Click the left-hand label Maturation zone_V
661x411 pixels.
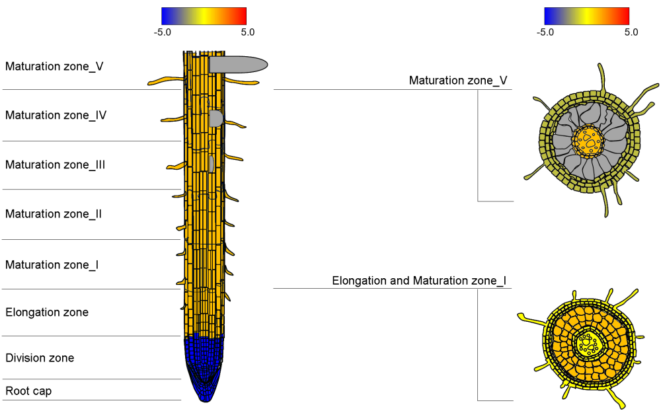point(54,66)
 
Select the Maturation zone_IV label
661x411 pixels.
point(56,115)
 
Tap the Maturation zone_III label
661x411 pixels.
point(56,165)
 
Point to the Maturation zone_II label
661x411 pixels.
point(54,214)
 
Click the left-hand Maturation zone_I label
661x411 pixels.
point(52,265)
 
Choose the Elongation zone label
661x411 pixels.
point(47,312)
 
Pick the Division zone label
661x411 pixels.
point(40,358)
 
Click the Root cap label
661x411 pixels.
point(28,391)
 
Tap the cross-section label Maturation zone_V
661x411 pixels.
point(458,81)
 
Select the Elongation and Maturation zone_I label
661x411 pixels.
point(419,281)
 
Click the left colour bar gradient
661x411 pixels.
point(204,16)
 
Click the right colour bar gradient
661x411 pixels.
point(586,16)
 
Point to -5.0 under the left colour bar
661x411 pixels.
point(163,32)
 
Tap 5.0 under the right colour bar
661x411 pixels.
point(631,32)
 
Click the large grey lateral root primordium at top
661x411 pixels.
point(238,64)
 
